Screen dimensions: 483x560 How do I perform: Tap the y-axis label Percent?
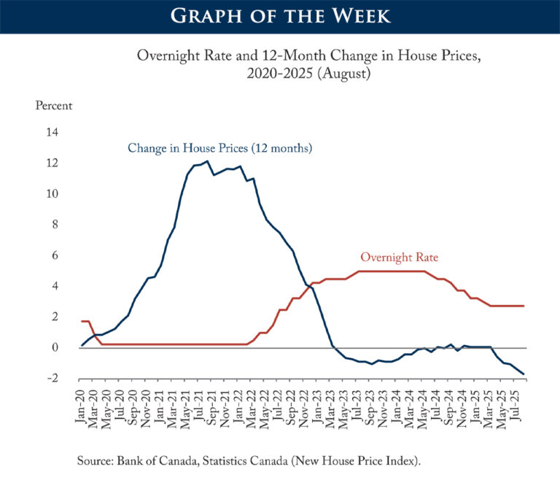(x=54, y=105)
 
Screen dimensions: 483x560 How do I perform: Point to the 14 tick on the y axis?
(x=52, y=133)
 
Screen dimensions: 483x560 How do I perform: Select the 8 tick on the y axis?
(x=55, y=225)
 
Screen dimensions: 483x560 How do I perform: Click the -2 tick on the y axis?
(x=52, y=378)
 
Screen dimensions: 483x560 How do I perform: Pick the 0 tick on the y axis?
(x=55, y=347)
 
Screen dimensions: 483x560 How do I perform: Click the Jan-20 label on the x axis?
(x=82, y=409)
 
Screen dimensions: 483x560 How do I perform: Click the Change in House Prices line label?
(x=219, y=148)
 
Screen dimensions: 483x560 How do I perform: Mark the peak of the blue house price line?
(x=207, y=161)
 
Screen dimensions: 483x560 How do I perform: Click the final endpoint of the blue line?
(x=524, y=374)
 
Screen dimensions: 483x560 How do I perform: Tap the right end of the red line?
(x=524, y=306)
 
